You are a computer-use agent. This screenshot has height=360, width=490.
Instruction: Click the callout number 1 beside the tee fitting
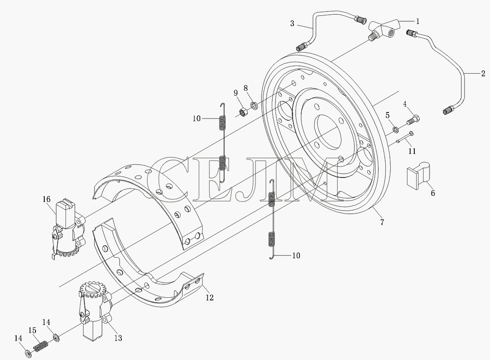[x=417, y=21]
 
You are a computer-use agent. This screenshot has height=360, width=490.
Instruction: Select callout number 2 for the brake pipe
[x=483, y=74]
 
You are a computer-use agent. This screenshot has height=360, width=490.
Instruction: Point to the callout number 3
[x=292, y=24]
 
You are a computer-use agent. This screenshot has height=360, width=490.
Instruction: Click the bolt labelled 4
[x=413, y=119]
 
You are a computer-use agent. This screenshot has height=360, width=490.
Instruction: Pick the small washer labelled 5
[x=395, y=129]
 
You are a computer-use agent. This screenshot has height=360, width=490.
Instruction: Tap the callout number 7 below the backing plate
[x=382, y=222]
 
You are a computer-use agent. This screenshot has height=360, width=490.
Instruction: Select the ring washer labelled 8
[x=255, y=105]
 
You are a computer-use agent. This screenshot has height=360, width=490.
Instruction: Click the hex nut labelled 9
[x=243, y=112]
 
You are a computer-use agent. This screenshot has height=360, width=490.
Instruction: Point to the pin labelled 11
[x=405, y=137]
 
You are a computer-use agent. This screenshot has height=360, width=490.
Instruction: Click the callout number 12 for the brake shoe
[x=209, y=298]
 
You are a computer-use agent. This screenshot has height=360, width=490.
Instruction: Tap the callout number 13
[x=118, y=338]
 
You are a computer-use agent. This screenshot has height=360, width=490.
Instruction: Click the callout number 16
[x=46, y=199]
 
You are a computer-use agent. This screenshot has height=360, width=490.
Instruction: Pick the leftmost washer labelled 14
[x=28, y=354]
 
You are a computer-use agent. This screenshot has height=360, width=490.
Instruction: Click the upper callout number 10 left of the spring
[x=197, y=118]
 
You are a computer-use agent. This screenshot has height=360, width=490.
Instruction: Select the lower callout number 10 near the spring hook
[x=296, y=256]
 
